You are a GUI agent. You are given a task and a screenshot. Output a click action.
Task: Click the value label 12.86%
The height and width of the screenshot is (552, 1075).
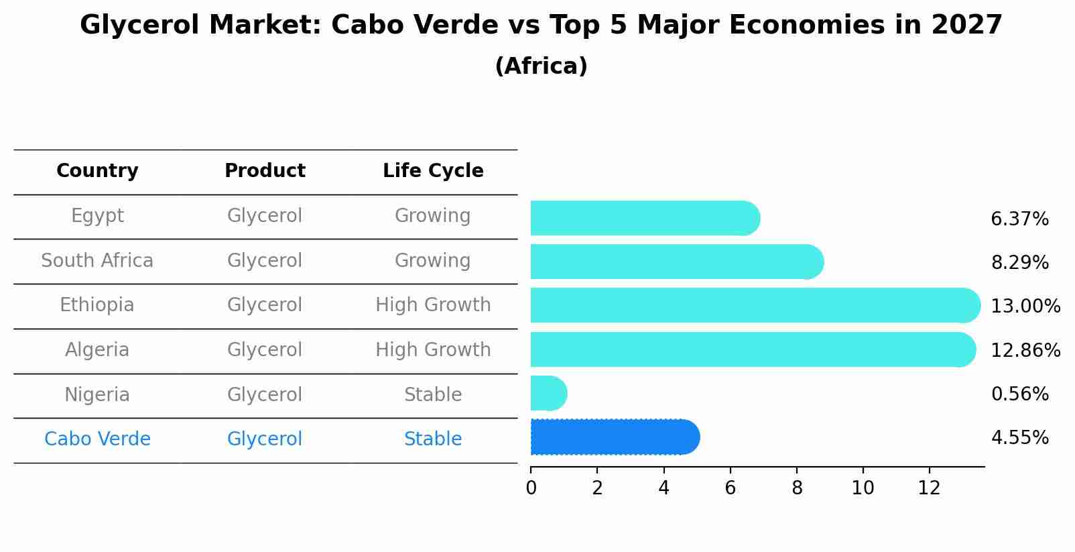(x=1025, y=350)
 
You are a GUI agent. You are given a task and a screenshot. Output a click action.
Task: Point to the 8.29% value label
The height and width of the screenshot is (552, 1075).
(x=1019, y=262)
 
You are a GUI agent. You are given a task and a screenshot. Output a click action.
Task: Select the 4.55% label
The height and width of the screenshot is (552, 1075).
(x=1019, y=438)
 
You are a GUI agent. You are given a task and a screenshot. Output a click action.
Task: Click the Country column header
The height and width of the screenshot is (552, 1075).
(x=97, y=171)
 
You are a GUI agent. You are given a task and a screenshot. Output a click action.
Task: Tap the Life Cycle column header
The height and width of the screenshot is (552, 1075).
(x=433, y=171)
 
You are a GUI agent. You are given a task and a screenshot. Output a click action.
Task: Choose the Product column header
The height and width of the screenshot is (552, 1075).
(x=265, y=171)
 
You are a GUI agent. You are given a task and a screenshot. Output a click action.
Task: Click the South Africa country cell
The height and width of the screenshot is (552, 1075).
(x=97, y=261)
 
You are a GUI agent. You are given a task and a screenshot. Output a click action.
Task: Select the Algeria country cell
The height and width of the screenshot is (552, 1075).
(x=97, y=350)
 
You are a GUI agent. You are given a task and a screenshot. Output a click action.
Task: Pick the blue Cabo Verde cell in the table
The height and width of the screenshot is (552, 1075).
(x=97, y=439)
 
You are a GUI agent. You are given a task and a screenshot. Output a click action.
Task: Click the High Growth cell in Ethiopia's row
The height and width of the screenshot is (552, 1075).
(x=433, y=305)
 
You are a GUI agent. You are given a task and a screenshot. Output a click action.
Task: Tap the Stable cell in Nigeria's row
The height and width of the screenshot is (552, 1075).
(x=433, y=395)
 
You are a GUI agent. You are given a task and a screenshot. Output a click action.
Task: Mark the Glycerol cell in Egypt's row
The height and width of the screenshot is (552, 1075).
(x=265, y=216)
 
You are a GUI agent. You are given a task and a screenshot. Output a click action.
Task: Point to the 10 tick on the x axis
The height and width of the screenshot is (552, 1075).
(x=863, y=488)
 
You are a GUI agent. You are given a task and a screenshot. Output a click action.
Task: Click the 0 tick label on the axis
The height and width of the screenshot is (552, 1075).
(x=531, y=488)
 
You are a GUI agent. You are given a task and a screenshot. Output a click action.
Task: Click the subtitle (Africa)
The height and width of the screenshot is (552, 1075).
(x=541, y=66)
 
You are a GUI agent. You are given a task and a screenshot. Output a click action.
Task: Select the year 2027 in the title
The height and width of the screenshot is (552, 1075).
(x=966, y=25)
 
